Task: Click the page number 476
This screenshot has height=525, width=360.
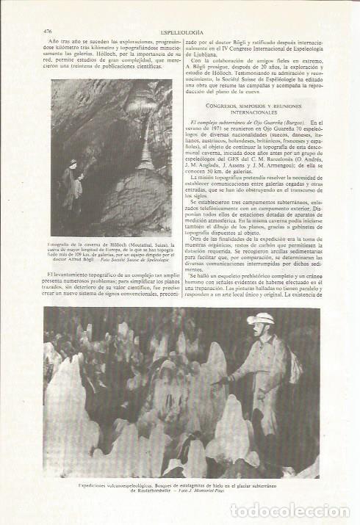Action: (48, 32)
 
